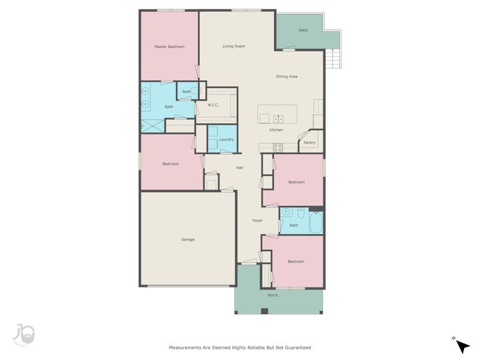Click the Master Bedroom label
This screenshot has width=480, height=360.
169,47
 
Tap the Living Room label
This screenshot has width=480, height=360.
233,46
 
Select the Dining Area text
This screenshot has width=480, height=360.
287,77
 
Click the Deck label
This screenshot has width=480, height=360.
303,30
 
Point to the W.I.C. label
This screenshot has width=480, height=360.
213,105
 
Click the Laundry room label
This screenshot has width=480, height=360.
226,139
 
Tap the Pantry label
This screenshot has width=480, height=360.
309,143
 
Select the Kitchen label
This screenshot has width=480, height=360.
276,130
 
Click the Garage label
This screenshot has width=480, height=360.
188,239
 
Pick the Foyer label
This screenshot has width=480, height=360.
257,220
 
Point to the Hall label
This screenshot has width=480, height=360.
239,167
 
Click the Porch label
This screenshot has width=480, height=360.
273,295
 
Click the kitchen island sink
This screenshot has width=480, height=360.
278,119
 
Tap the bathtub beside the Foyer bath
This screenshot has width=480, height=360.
316,221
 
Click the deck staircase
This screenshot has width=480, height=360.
333,59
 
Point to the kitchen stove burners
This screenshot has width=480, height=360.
278,147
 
